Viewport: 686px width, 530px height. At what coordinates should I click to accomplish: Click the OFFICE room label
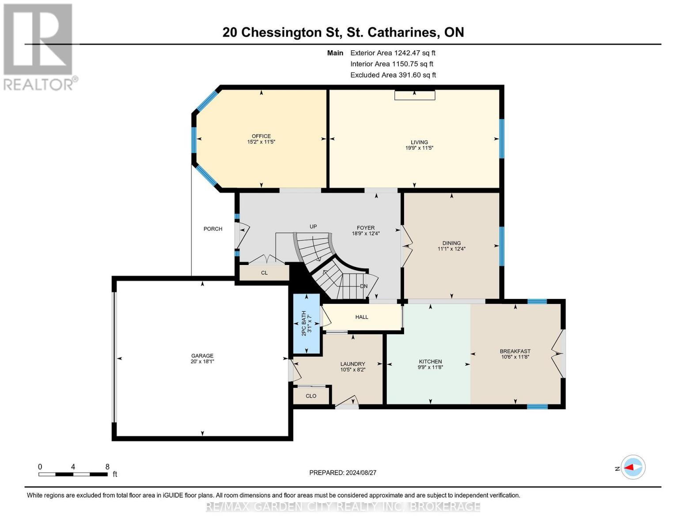[x=261, y=136]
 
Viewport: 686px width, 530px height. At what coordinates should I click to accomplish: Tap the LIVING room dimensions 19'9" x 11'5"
[x=419, y=148]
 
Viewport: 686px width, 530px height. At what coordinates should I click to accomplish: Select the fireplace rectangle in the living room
[x=414, y=95]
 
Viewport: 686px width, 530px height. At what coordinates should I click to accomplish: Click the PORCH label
[x=213, y=229]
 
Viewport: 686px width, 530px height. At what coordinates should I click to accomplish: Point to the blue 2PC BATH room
[x=307, y=324]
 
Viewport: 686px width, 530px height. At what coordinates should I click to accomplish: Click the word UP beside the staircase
[x=313, y=227]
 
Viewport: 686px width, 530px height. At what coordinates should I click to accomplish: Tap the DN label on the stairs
[x=364, y=286]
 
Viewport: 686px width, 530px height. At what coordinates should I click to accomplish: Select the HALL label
[x=361, y=317]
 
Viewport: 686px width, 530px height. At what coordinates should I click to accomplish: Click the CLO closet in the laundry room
[x=311, y=396]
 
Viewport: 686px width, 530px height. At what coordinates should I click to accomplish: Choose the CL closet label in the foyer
[x=264, y=273]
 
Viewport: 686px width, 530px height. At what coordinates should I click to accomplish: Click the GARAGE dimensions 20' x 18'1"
[x=202, y=362]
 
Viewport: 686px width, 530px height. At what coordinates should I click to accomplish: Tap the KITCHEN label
[x=430, y=361]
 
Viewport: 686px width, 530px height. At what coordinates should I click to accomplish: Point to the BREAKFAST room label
[x=515, y=351]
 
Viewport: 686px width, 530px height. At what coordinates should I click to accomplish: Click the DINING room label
[x=451, y=243]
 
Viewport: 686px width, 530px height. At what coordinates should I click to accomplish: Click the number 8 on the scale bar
[x=107, y=467]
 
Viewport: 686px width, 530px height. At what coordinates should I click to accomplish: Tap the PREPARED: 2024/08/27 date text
[x=343, y=473]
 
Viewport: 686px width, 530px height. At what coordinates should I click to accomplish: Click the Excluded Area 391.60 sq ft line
[x=393, y=75]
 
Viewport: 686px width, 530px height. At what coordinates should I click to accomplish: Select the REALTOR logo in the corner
[x=39, y=47]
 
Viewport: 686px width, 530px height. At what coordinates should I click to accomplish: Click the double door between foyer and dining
[x=406, y=247]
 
